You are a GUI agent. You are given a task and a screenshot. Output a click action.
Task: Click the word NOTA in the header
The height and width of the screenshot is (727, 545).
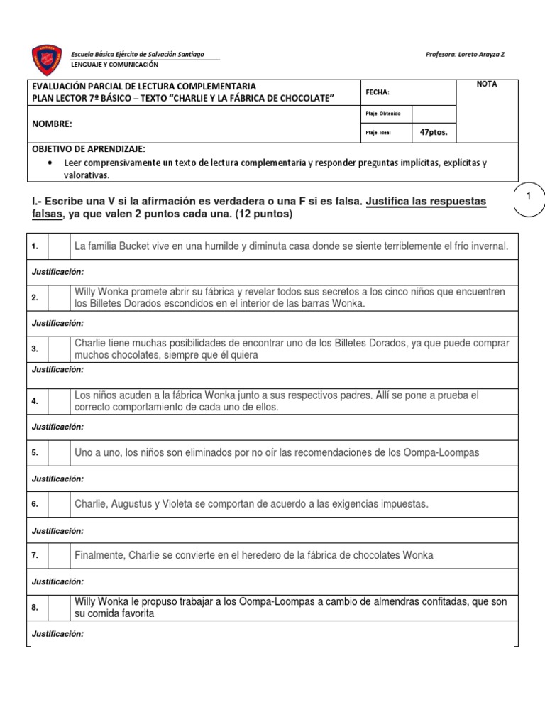pos(487,84)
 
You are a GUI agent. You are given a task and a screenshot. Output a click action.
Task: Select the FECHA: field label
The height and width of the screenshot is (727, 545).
pos(378,92)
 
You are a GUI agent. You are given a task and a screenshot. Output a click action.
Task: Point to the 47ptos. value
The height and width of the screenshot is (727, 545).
pos(434,131)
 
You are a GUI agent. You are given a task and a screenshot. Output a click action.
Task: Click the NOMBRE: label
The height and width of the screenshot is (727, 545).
pos(53,124)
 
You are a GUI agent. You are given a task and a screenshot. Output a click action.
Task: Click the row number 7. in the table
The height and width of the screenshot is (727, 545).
pos(35,555)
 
